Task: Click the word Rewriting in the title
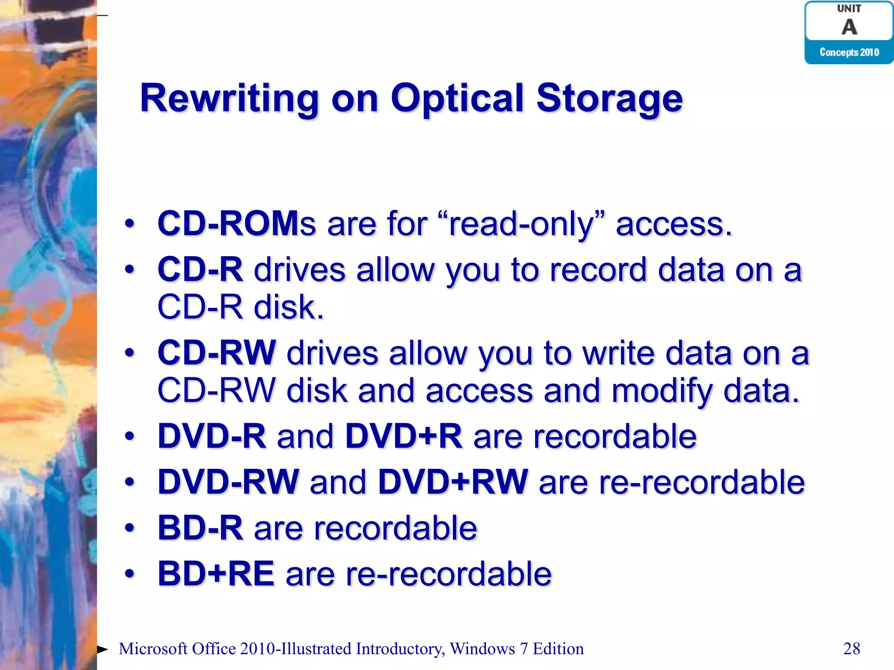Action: click(x=229, y=99)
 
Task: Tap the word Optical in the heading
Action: click(x=456, y=99)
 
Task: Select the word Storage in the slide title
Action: click(x=609, y=99)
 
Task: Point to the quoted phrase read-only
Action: click(x=522, y=224)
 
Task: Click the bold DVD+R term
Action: click(x=403, y=436)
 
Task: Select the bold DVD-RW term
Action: click(x=228, y=482)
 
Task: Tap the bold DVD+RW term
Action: click(x=453, y=482)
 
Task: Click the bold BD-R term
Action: click(x=200, y=528)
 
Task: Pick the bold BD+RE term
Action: click(x=216, y=574)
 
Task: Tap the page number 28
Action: click(x=852, y=649)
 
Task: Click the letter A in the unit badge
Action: click(x=849, y=27)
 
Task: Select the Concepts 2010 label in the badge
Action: click(x=849, y=52)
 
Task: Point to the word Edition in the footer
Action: click(x=558, y=649)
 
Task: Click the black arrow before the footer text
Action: click(x=103, y=649)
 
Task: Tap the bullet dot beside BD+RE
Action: click(x=129, y=574)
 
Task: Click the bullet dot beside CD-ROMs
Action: click(x=129, y=224)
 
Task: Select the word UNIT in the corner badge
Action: click(x=849, y=9)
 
